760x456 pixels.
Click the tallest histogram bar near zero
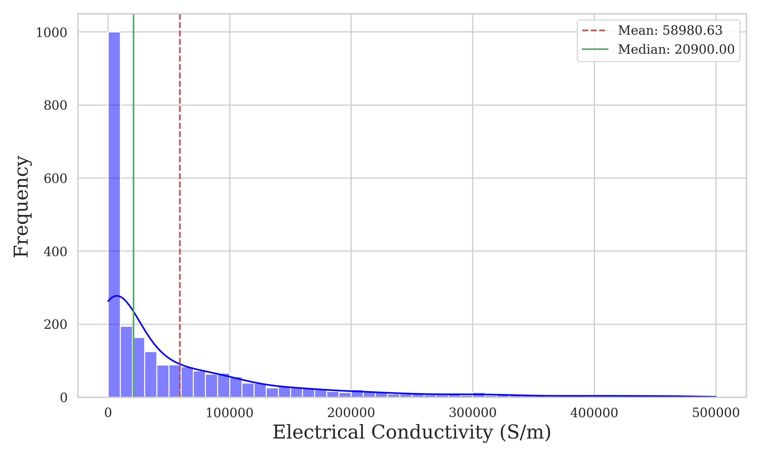coord(114,215)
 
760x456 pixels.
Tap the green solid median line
coord(133,184)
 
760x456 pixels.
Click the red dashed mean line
coord(180,184)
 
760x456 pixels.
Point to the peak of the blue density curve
coord(117,296)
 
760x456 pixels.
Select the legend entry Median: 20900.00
coord(676,49)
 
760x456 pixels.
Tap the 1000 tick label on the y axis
coord(51,33)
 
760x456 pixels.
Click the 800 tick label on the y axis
coord(55,105)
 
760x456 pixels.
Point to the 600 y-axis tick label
coord(55,179)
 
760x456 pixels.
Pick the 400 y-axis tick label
coord(55,252)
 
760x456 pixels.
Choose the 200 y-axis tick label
coord(55,325)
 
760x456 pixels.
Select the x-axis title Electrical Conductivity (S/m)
coord(412,432)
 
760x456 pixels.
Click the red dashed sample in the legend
coord(595,30)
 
